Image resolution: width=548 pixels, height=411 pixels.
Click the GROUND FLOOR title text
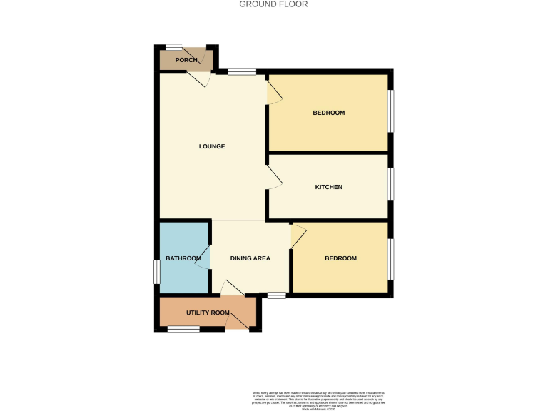(x=273, y=4)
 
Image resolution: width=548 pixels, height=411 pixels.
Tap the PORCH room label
(x=186, y=60)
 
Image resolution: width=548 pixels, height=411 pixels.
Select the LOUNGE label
(x=212, y=146)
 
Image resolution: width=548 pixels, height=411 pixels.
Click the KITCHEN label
(x=329, y=187)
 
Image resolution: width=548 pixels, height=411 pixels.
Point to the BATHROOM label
(x=183, y=258)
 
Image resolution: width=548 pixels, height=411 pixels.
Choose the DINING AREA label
(x=250, y=258)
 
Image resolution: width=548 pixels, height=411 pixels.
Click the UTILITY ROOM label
(x=208, y=313)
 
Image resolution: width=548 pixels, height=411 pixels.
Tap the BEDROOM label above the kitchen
(x=329, y=113)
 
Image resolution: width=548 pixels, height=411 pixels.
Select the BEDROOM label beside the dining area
(x=340, y=258)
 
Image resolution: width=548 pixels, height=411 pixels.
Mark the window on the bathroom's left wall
(x=156, y=272)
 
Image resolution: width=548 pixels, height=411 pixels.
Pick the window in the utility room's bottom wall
(x=183, y=329)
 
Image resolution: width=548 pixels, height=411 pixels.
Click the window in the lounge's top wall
(x=242, y=71)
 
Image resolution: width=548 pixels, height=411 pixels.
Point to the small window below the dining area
(x=276, y=295)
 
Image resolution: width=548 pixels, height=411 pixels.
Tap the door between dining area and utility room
(x=232, y=288)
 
